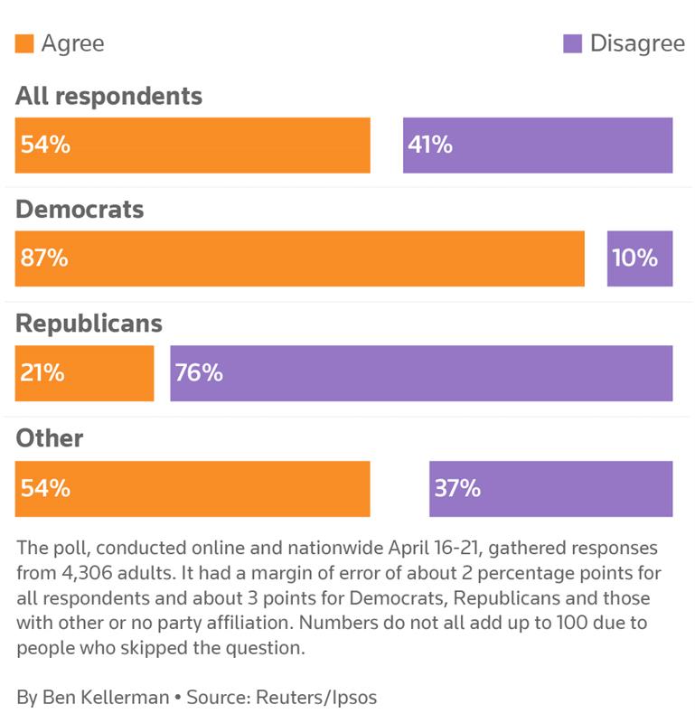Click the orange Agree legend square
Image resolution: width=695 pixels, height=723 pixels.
tap(24, 43)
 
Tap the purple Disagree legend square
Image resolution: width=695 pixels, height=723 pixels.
tap(572, 43)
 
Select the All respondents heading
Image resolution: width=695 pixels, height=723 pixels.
tap(108, 96)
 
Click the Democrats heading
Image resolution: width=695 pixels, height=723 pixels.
tap(80, 210)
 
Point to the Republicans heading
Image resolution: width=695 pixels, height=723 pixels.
tap(89, 324)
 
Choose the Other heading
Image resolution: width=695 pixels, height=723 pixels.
tap(49, 438)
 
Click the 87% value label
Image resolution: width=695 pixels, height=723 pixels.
tap(44, 258)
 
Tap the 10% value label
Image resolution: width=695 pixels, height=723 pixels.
tap(634, 258)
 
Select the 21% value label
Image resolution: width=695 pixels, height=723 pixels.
tap(42, 372)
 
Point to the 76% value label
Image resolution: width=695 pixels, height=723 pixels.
tap(199, 372)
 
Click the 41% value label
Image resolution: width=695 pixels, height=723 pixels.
tap(430, 145)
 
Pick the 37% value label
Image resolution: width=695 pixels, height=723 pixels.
tap(457, 489)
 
